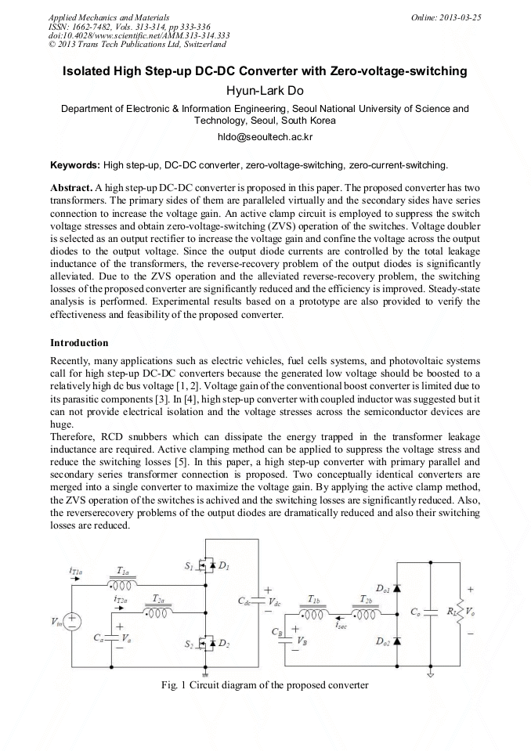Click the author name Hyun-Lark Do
pos(265,91)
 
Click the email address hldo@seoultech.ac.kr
pos(265,135)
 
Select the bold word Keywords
pos(75,166)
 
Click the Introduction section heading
pos(79,343)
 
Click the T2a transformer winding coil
pos(158,612)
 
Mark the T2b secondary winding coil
pos(366,613)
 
